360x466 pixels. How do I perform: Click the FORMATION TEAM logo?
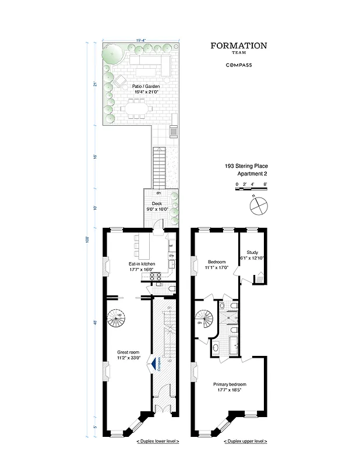tap(238, 48)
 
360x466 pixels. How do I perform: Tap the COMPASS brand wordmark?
tap(238, 65)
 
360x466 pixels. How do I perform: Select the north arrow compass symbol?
tap(260, 204)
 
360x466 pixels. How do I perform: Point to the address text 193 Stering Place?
tap(247, 166)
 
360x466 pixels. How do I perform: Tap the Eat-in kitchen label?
tap(142, 267)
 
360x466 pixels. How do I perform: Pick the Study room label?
tap(252, 255)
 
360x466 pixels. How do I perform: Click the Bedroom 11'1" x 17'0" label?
tap(217, 265)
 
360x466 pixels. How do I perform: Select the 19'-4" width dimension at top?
tap(140, 40)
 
